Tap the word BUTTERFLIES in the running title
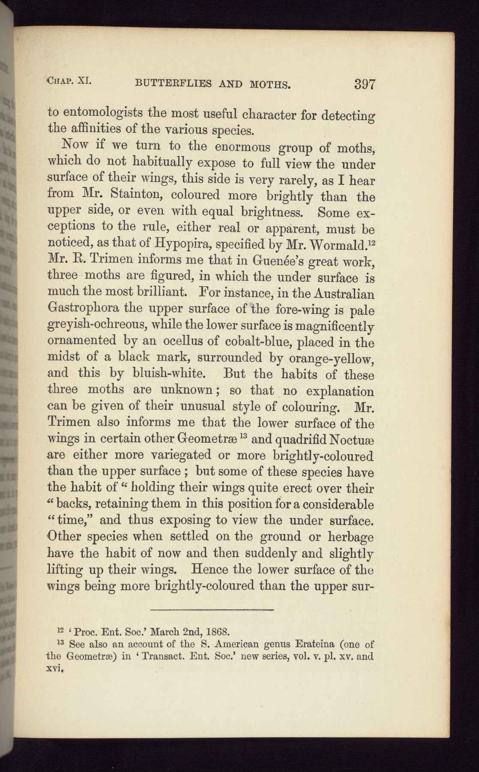click(x=173, y=83)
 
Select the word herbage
click(x=350, y=537)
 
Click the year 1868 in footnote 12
click(x=219, y=631)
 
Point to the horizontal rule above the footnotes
click(x=212, y=609)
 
